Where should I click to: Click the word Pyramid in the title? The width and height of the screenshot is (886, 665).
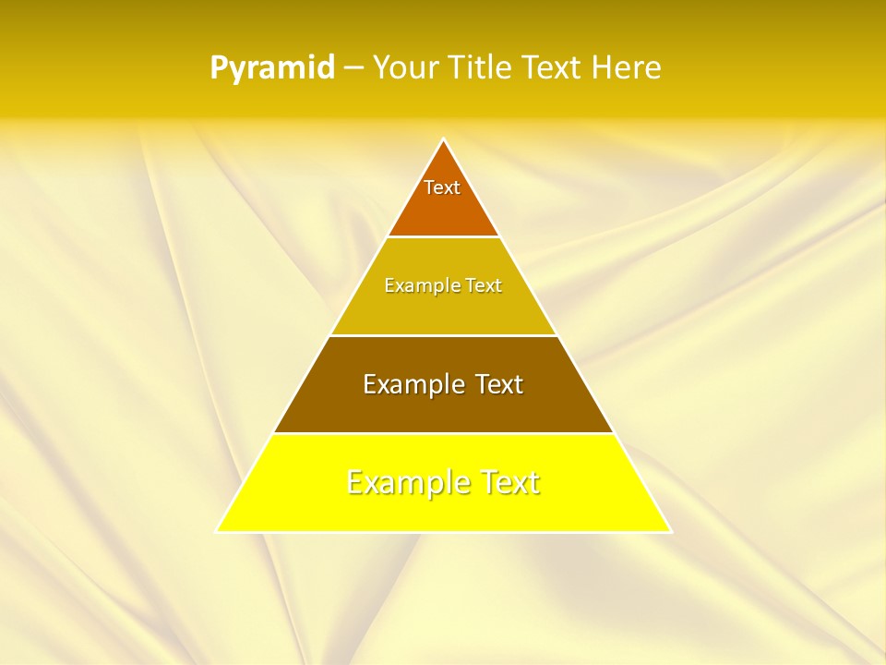coord(272,68)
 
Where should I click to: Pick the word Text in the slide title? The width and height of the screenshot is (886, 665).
coord(551,68)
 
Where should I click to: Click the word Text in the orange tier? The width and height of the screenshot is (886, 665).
coord(442,187)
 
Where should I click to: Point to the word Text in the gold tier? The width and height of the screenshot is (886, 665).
coord(484,285)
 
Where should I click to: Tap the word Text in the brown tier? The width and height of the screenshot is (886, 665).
coord(497,384)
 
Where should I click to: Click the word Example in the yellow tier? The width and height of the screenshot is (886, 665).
coord(402,482)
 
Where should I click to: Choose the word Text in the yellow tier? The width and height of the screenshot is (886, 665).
coord(509,482)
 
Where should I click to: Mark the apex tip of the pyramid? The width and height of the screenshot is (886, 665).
coord(443,139)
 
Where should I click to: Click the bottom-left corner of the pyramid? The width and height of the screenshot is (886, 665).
coord(217,531)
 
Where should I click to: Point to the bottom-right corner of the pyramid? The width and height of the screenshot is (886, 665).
coord(670,531)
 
